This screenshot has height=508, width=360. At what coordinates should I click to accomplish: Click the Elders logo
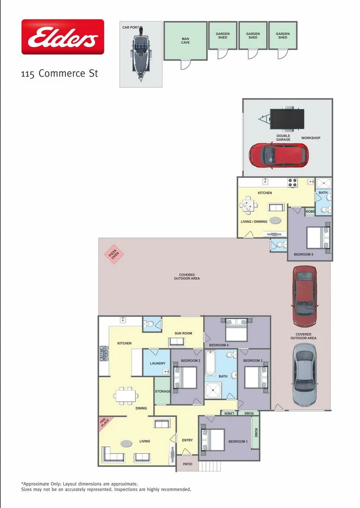point(63,37)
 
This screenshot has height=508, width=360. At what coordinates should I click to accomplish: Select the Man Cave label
point(185,41)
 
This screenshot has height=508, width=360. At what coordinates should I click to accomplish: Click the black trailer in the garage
point(284,117)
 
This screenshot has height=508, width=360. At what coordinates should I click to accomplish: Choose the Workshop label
point(311,138)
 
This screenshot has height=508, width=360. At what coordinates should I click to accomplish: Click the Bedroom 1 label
point(237,441)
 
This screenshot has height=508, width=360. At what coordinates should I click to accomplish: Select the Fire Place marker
point(104,423)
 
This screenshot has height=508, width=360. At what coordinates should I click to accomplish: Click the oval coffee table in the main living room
point(126,443)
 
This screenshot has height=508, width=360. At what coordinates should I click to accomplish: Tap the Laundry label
point(157,364)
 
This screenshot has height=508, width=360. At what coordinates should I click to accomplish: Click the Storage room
point(162,391)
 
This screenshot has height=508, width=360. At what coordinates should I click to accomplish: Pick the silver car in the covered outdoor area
point(304,375)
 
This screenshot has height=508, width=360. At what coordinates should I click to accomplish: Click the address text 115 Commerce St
point(59,74)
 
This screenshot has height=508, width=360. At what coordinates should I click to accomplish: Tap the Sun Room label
point(183,333)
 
